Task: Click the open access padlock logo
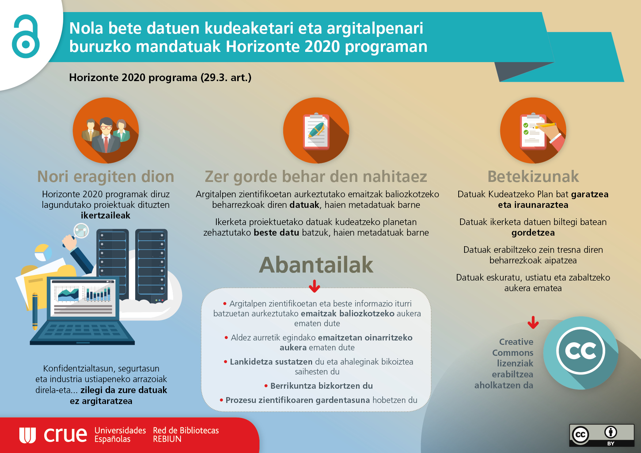pos(26,37)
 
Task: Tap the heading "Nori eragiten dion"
pos(106,177)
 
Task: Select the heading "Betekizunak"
pos(533,177)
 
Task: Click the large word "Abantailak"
pos(316,265)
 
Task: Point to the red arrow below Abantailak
pos(314,286)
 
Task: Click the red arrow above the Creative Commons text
pos(533,323)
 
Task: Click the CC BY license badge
pos(602,435)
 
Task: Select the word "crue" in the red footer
pos(65,434)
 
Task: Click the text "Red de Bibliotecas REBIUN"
pos(186,435)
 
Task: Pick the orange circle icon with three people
pos(106,130)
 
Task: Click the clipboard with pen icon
pos(316,130)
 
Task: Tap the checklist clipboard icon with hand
pos(533,130)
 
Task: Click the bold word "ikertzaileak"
pos(106,216)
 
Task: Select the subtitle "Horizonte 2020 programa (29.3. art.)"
pos(160,78)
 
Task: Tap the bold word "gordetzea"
pos(533,233)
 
